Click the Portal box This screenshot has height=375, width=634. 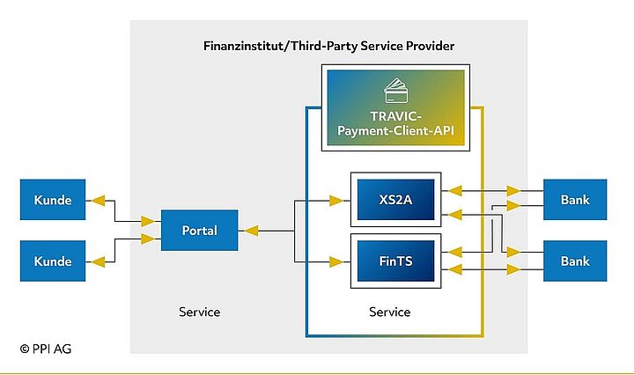pyautogui.click(x=200, y=231)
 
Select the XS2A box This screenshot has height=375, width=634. pyautogui.click(x=396, y=200)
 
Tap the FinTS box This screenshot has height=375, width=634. pyautogui.click(x=396, y=261)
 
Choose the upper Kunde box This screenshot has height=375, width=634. pyautogui.click(x=53, y=200)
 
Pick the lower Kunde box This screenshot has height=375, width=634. pyautogui.click(x=53, y=261)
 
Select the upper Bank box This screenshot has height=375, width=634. pyautogui.click(x=575, y=200)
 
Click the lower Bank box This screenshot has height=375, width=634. pyautogui.click(x=575, y=261)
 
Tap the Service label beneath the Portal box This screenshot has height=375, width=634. pyautogui.click(x=199, y=312)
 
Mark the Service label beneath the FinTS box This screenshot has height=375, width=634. pyautogui.click(x=389, y=312)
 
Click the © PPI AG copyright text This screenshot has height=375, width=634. pyautogui.click(x=46, y=349)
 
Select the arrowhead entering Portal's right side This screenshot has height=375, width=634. pyautogui.click(x=250, y=231)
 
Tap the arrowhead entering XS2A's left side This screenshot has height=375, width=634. pyautogui.click(x=335, y=201)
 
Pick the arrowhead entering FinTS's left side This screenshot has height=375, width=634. pyautogui.click(x=335, y=261)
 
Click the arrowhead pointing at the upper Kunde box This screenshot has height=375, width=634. pyautogui.click(x=98, y=200)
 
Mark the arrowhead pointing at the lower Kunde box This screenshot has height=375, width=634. pyautogui.click(x=98, y=261)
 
